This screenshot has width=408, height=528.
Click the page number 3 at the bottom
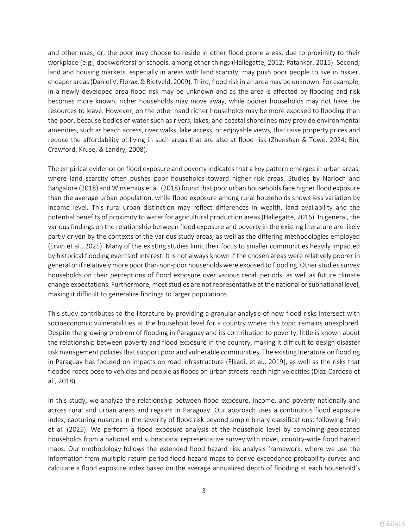(204, 491)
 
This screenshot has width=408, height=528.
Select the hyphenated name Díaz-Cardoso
(333, 371)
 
